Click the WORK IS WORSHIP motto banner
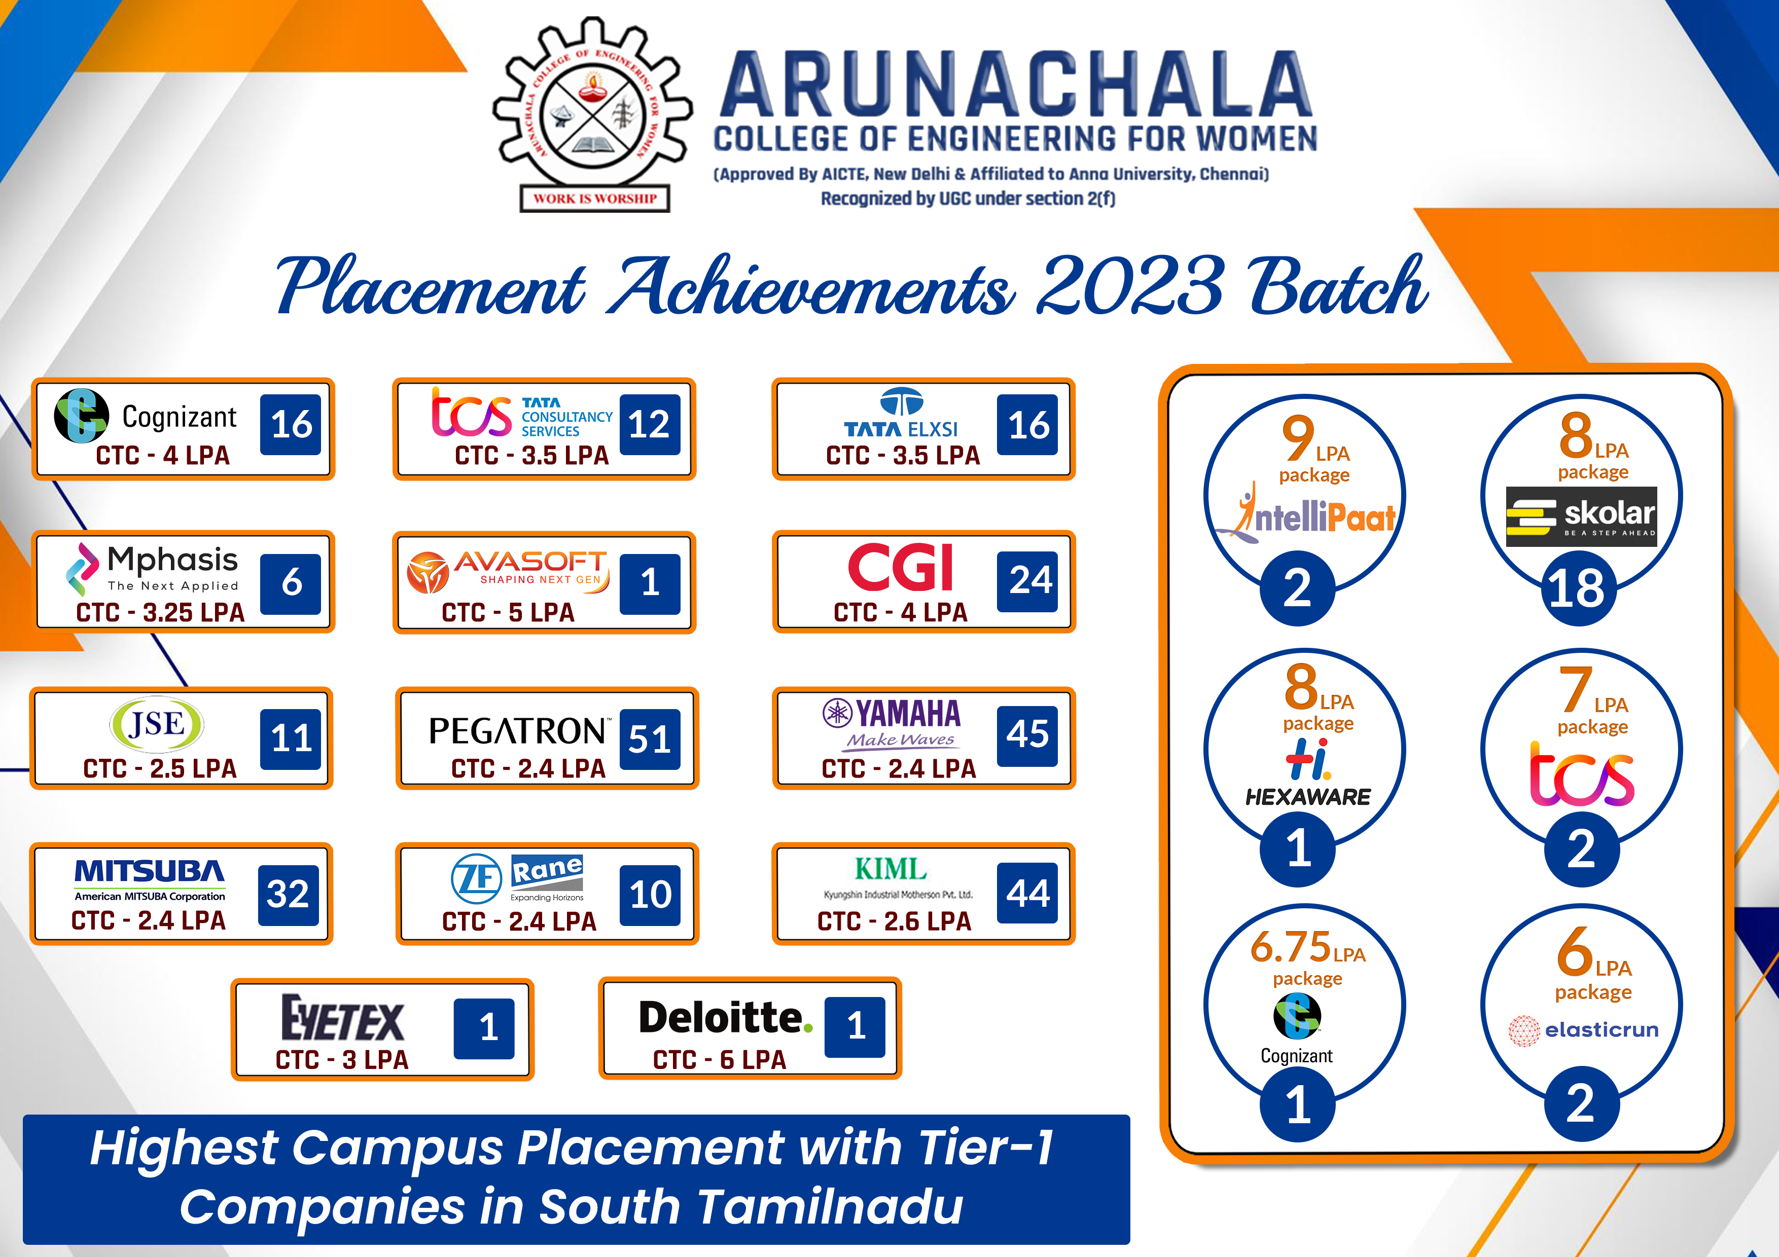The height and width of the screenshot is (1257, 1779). tap(595, 198)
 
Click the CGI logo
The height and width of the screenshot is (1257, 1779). tap(900, 567)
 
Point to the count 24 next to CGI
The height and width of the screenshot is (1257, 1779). tap(1028, 581)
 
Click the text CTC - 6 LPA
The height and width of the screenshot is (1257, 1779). tap(719, 1059)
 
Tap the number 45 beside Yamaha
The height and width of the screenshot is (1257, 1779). tap(1028, 735)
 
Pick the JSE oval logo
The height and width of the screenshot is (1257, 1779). tap(157, 724)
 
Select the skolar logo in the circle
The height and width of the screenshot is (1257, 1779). tap(1581, 516)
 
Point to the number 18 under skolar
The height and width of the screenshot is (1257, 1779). tap(1577, 588)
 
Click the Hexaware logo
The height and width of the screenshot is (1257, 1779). tap(1308, 773)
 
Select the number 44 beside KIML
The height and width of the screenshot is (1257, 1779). tap(1028, 893)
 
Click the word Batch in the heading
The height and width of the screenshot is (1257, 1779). tap(1338, 286)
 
